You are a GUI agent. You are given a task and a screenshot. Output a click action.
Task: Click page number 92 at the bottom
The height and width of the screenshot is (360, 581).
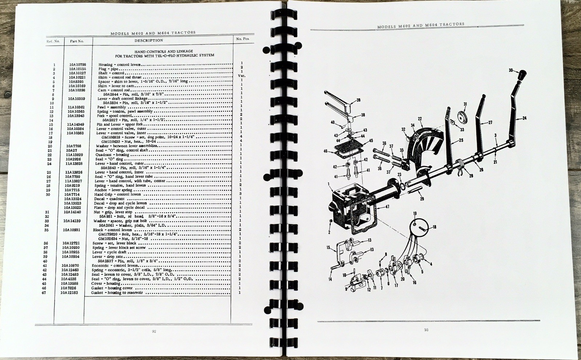(154, 331)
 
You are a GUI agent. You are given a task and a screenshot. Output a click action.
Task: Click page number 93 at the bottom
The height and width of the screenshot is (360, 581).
(426, 330)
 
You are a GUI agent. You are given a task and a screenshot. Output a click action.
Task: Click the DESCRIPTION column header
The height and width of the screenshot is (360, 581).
(149, 41)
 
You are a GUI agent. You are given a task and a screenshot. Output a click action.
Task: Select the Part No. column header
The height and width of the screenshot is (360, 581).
(77, 41)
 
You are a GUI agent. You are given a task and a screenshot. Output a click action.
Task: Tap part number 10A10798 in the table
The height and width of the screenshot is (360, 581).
(78, 65)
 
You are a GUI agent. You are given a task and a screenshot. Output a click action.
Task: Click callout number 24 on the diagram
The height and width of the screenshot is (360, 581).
(524, 118)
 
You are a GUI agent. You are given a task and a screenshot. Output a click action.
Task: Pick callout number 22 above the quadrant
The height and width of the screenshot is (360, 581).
(420, 119)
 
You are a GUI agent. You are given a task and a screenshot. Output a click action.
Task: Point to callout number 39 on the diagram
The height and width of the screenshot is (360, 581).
(358, 100)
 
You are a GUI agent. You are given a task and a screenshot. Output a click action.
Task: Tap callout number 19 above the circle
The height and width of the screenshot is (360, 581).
(415, 213)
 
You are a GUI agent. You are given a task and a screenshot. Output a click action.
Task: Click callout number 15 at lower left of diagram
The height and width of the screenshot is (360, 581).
(329, 248)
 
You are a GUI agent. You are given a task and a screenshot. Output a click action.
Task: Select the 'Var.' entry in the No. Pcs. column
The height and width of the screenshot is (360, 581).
(241, 76)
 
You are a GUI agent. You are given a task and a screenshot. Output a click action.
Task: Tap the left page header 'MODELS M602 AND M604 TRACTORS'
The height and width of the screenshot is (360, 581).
(153, 32)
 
